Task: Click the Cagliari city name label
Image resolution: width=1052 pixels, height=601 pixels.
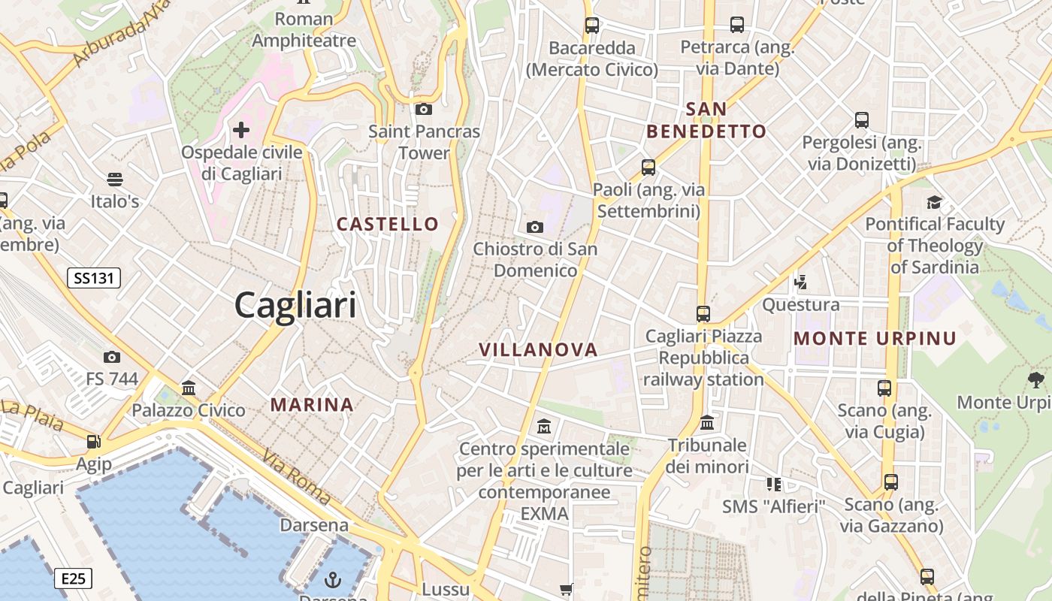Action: [295, 306]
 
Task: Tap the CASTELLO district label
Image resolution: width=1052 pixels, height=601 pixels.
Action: [388, 224]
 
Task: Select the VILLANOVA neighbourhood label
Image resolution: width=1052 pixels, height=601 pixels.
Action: [538, 349]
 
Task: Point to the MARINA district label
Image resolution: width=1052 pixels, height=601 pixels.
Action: [312, 405]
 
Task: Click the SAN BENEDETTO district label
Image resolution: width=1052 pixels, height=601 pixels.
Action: [706, 120]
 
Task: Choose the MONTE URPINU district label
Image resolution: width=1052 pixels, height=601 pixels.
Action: [875, 338]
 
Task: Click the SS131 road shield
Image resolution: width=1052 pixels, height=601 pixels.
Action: [94, 278]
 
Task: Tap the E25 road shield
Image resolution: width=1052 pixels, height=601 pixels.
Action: [73, 578]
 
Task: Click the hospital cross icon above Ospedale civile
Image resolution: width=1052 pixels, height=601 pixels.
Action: [240, 130]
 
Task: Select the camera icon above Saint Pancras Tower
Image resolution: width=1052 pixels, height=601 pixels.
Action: [424, 110]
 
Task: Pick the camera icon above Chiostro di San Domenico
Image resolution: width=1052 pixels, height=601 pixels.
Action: [535, 227]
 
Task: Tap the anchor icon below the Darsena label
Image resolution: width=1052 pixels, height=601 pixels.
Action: [332, 580]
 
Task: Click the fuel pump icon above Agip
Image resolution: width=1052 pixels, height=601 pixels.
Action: [93, 442]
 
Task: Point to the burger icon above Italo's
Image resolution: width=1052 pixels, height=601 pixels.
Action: [115, 180]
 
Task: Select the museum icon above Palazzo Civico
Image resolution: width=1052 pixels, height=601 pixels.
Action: [189, 388]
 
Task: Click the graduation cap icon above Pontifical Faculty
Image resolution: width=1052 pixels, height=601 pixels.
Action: [934, 202]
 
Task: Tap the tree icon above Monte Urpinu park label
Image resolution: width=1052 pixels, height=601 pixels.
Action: [1035, 379]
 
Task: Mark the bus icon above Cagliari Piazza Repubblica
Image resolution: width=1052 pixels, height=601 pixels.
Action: [703, 314]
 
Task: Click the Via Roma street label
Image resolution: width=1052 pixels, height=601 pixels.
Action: [297, 476]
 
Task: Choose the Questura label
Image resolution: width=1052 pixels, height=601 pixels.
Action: [801, 305]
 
